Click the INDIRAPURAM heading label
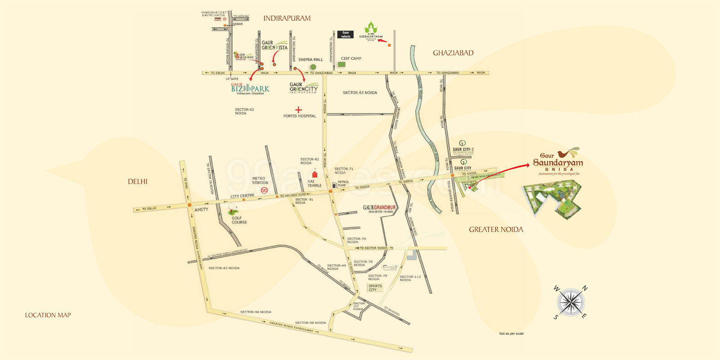(287, 18)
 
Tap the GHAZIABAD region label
(453, 53)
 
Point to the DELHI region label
(138, 182)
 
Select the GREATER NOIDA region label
(496, 229)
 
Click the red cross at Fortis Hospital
(298, 109)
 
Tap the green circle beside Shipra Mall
(313, 67)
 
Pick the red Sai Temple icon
(315, 174)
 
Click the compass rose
(570, 302)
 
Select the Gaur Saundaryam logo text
(558, 162)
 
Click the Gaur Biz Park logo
(250, 88)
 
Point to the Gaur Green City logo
(303, 87)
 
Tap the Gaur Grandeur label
(379, 208)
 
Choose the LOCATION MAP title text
(48, 315)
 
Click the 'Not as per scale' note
(511, 334)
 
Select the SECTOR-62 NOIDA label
(244, 111)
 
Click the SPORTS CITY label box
(375, 288)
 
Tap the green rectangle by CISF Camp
(342, 65)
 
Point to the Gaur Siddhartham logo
(371, 31)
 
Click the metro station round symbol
(264, 190)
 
